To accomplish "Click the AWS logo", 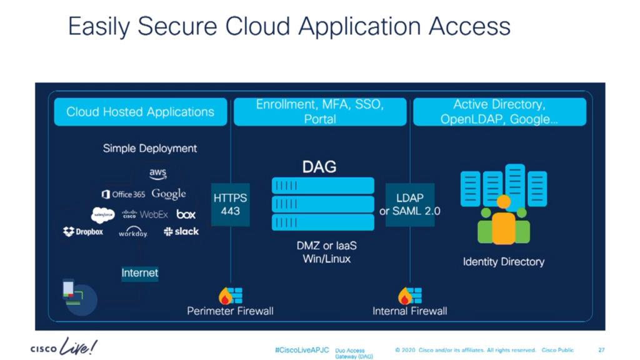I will point(158,173).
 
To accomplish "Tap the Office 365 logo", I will point(123,194).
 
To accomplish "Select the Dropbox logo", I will point(83,232).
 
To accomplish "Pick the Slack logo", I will point(181,231).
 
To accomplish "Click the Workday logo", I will point(133,232).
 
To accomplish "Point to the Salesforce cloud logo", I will point(103,214).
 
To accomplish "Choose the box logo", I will point(186,214).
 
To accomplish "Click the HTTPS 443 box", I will point(231,204).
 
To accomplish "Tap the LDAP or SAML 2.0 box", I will point(410,205).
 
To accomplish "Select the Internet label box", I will point(140,273).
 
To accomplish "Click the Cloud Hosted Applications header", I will point(141,112).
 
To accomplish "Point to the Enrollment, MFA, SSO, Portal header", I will point(320,112).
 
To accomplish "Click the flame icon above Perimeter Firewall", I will point(224,296).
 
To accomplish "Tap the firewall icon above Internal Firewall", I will point(410,295).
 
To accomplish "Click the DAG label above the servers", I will point(319,167).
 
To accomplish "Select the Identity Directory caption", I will point(503,262).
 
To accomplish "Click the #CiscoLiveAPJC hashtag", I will point(302,350).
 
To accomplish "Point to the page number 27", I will point(601,350).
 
